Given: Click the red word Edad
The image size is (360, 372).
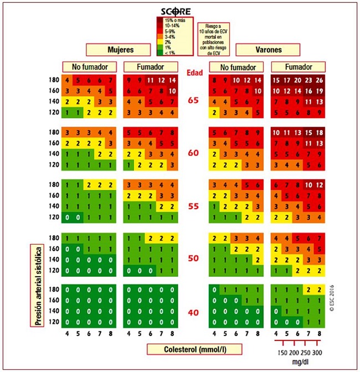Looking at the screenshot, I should [193, 71].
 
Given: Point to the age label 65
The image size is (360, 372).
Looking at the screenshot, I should [193, 101].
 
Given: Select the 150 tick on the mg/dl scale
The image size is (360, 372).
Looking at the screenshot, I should [282, 353].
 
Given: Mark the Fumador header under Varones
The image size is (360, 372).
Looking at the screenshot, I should [297, 67].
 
